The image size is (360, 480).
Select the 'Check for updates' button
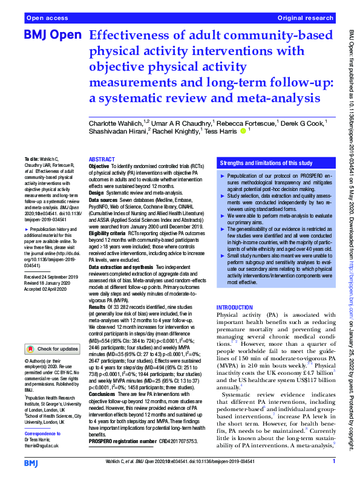click(53, 349)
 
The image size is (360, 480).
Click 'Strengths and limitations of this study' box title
click(266, 163)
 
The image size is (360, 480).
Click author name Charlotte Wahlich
click(113, 123)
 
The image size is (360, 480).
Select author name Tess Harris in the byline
click(221, 131)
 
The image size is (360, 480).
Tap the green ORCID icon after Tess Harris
click(244, 131)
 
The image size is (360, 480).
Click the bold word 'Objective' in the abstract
click(99, 166)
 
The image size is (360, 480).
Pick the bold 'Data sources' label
click(103, 199)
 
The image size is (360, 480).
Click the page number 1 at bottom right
click(333, 462)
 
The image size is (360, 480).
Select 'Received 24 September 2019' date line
click(50, 293)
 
